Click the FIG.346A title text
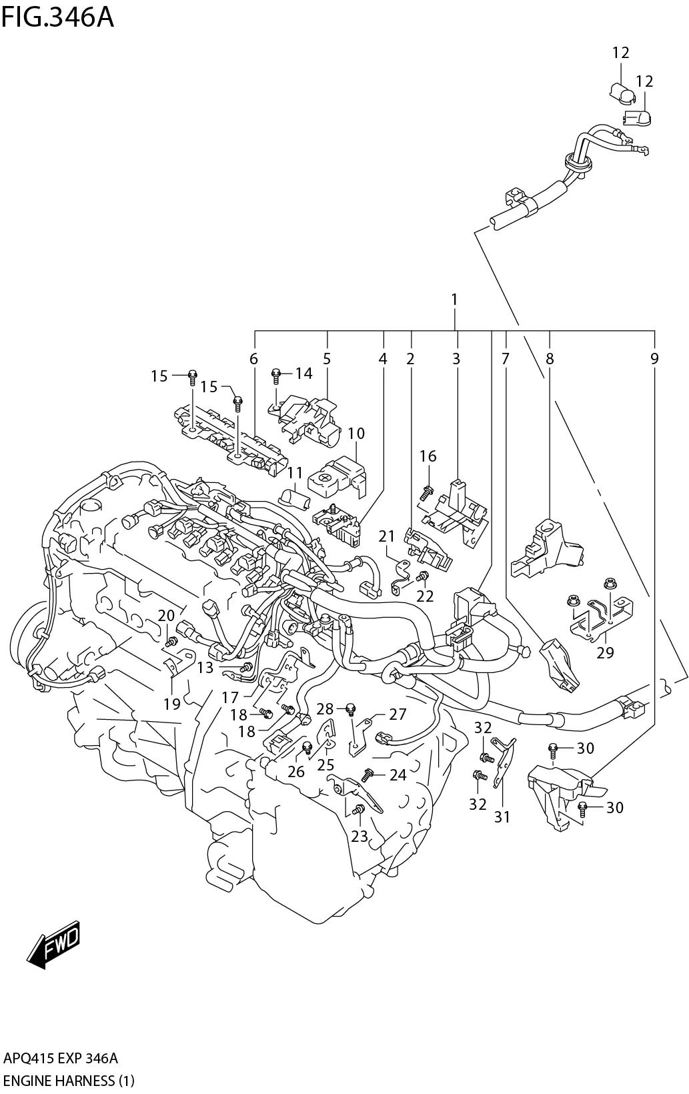point(57,17)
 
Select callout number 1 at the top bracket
point(454,300)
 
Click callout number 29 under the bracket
point(604,652)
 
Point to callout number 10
point(356,434)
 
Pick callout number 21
point(387,536)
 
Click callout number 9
point(654,359)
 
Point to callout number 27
point(398,714)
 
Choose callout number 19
point(172,703)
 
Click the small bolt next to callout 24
point(366,775)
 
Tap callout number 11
point(295,474)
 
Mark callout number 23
point(359,836)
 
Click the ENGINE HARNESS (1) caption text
point(69,1080)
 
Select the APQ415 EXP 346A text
point(61,1058)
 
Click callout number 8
point(550,359)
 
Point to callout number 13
point(205,667)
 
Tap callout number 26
point(295,772)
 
